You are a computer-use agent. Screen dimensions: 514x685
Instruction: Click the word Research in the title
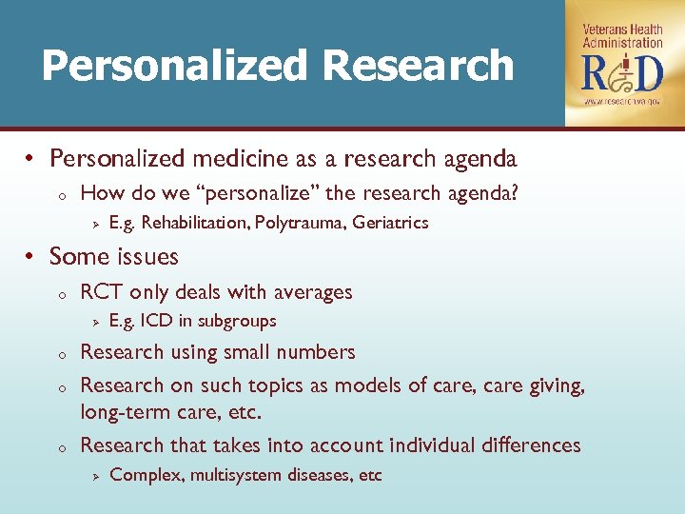(x=418, y=66)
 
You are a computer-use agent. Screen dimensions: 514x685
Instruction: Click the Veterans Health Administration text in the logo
(x=622, y=37)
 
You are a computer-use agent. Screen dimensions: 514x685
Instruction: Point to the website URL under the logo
(x=622, y=101)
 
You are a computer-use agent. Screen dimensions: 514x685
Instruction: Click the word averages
(x=313, y=292)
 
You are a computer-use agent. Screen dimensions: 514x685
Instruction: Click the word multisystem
(x=235, y=475)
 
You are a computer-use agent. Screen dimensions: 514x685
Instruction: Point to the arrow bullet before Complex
(x=94, y=475)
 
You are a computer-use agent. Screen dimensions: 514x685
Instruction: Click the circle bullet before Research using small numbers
(x=59, y=354)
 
